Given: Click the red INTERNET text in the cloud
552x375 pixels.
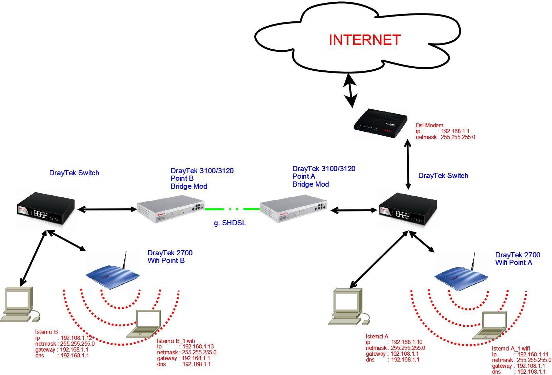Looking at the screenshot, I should pos(365,40).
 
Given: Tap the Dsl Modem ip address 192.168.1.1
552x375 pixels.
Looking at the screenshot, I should pos(455,131).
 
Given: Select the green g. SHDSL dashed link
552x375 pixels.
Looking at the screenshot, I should pos(232,209).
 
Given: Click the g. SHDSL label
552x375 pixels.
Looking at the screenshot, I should pos(230,223).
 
